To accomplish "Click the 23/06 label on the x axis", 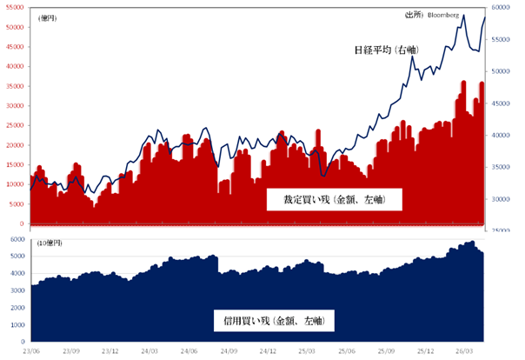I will click(31, 351).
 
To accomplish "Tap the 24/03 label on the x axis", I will click(150, 351).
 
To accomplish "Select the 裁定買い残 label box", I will click(334, 200).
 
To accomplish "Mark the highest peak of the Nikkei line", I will click(463, 16).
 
